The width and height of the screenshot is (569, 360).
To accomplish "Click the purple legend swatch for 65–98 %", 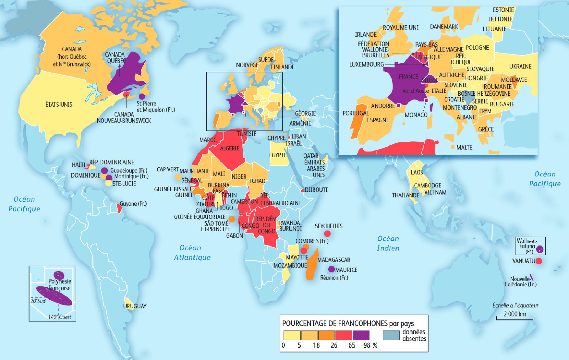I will [x=361, y=335].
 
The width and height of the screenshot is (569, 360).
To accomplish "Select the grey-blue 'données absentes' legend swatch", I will [x=391, y=335].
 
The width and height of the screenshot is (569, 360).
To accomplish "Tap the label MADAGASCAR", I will [x=334, y=260].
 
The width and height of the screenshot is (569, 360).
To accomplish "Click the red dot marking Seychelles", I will [x=328, y=234].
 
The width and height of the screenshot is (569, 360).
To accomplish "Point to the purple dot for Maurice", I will [x=331, y=269].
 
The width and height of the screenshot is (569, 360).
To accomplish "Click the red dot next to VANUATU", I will [x=539, y=261].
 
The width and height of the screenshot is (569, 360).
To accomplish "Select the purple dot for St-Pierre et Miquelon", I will [x=142, y=96].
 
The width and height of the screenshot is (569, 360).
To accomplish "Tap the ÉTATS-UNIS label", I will [x=59, y=105].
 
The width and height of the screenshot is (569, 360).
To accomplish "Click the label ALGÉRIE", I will [x=230, y=148].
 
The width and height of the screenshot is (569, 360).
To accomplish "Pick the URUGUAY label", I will [x=135, y=306].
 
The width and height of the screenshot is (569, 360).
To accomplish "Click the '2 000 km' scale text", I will [x=515, y=314].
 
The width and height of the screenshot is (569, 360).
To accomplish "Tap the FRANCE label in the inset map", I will [x=408, y=77].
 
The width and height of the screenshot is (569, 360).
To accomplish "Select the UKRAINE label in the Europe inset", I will [x=520, y=67].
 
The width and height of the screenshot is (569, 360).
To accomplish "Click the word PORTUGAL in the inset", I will [x=355, y=113].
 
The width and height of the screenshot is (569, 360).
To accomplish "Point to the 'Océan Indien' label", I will [x=388, y=243].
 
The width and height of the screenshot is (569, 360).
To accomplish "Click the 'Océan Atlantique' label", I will [x=192, y=253].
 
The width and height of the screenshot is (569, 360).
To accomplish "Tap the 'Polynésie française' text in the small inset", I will [x=59, y=285].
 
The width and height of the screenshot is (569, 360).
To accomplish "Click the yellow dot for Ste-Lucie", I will [x=108, y=183].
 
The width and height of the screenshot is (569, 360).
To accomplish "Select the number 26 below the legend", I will [x=334, y=345].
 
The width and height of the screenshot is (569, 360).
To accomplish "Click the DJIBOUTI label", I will [x=316, y=190].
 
